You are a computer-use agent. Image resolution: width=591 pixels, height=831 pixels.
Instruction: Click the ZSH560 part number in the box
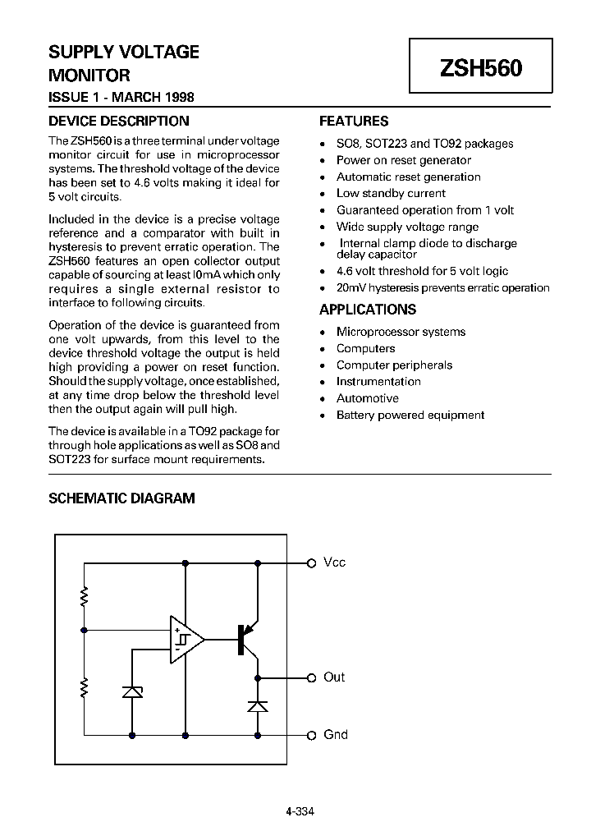coord(481,68)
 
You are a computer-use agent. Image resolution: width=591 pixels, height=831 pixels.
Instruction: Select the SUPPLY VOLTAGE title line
coord(124,53)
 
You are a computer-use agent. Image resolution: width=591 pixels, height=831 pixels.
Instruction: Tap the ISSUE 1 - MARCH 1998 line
coord(121,97)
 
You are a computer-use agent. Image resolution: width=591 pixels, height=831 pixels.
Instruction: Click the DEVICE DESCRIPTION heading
coord(119,122)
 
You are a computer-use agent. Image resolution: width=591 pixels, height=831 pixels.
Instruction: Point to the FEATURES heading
coord(354,122)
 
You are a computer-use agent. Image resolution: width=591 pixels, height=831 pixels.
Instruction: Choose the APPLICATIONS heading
coord(368,310)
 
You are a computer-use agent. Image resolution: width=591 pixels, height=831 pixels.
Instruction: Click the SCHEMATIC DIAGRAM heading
coord(122,498)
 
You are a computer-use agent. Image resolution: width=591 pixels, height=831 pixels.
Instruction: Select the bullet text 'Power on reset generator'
coord(404,160)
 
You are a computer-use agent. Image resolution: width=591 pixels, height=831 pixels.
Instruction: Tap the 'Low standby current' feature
coord(391,194)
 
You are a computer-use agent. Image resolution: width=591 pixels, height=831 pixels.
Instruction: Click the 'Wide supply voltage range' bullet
coord(407,227)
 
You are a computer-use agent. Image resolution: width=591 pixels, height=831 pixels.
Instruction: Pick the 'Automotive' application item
coord(367,398)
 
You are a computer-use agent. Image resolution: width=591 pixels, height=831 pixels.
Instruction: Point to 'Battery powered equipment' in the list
coord(410,415)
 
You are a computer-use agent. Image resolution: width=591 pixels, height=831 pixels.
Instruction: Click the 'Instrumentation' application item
coord(378,382)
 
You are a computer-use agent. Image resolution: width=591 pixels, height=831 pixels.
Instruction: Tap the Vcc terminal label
coord(334,562)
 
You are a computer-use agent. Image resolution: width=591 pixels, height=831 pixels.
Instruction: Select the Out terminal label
coord(334,677)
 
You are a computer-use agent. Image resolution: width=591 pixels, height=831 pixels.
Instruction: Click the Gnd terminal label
coord(336,735)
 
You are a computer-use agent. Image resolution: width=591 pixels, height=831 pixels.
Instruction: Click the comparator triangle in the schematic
coord(184,638)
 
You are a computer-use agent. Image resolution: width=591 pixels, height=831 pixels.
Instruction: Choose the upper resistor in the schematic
coord(84,595)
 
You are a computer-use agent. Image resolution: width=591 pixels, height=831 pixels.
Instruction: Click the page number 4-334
coord(300,811)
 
